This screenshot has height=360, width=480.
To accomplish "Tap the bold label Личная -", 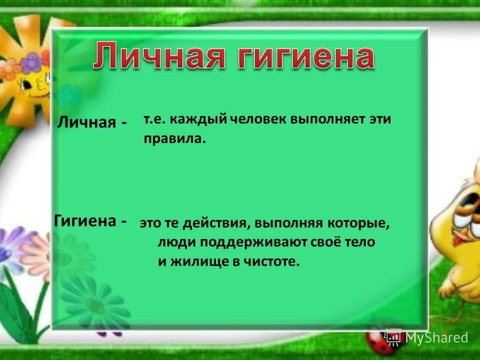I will click(92, 122).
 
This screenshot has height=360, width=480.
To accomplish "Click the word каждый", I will click(203, 120).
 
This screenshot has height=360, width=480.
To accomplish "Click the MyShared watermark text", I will click(436, 338).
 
